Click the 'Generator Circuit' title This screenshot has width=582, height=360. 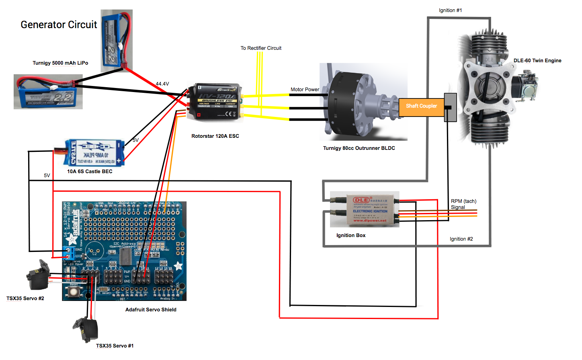pyautogui.click(x=59, y=25)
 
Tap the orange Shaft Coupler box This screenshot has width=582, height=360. pyautogui.click(x=421, y=106)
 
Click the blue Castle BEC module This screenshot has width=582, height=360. pyautogui.click(x=95, y=153)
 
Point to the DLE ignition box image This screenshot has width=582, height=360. pyautogui.click(x=365, y=209)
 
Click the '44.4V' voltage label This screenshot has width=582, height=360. pyautogui.click(x=162, y=84)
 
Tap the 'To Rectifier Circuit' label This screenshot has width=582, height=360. pyautogui.click(x=261, y=48)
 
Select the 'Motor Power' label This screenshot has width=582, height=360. pyautogui.click(x=305, y=90)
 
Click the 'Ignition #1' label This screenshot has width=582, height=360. pyautogui.click(x=450, y=10)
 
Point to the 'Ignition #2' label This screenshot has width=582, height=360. pyautogui.click(x=461, y=239)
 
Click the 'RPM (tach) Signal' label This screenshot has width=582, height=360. pyautogui.click(x=463, y=204)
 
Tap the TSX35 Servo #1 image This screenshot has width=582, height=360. pyautogui.click(x=86, y=329)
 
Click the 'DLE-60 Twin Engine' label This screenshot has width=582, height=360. pyautogui.click(x=537, y=61)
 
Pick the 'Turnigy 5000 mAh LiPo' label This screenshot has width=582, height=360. pyautogui.click(x=60, y=63)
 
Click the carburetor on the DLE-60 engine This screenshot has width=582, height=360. pyautogui.click(x=525, y=85)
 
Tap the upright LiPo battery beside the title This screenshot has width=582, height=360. pyautogui.click(x=116, y=40)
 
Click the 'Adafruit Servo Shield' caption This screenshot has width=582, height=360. pyautogui.click(x=151, y=310)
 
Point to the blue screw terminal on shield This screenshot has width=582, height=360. pyautogui.click(x=69, y=253)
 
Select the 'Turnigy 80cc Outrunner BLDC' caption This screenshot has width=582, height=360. pyautogui.click(x=359, y=148)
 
